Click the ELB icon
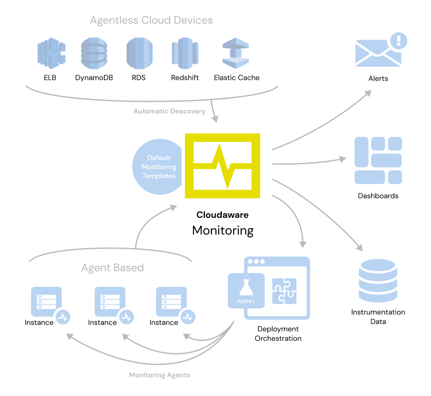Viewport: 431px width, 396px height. click(x=51, y=53)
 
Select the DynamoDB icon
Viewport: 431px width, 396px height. click(x=94, y=53)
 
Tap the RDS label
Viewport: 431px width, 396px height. click(x=139, y=78)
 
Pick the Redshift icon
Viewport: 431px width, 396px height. click(x=185, y=54)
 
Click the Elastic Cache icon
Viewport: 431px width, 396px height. click(x=236, y=54)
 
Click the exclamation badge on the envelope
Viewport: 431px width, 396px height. click(x=399, y=41)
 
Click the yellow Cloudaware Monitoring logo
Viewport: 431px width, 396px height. click(x=223, y=166)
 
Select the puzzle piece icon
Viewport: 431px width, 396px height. click(x=284, y=291)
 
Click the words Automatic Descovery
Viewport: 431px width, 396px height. click(x=169, y=111)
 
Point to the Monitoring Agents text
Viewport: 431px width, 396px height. click(x=160, y=375)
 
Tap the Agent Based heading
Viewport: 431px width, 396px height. click(x=112, y=267)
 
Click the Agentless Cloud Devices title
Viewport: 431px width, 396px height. click(x=151, y=20)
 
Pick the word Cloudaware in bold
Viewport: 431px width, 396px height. click(x=223, y=215)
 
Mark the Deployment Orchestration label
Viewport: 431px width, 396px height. click(x=278, y=334)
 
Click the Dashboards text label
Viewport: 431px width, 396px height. click(x=378, y=196)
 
